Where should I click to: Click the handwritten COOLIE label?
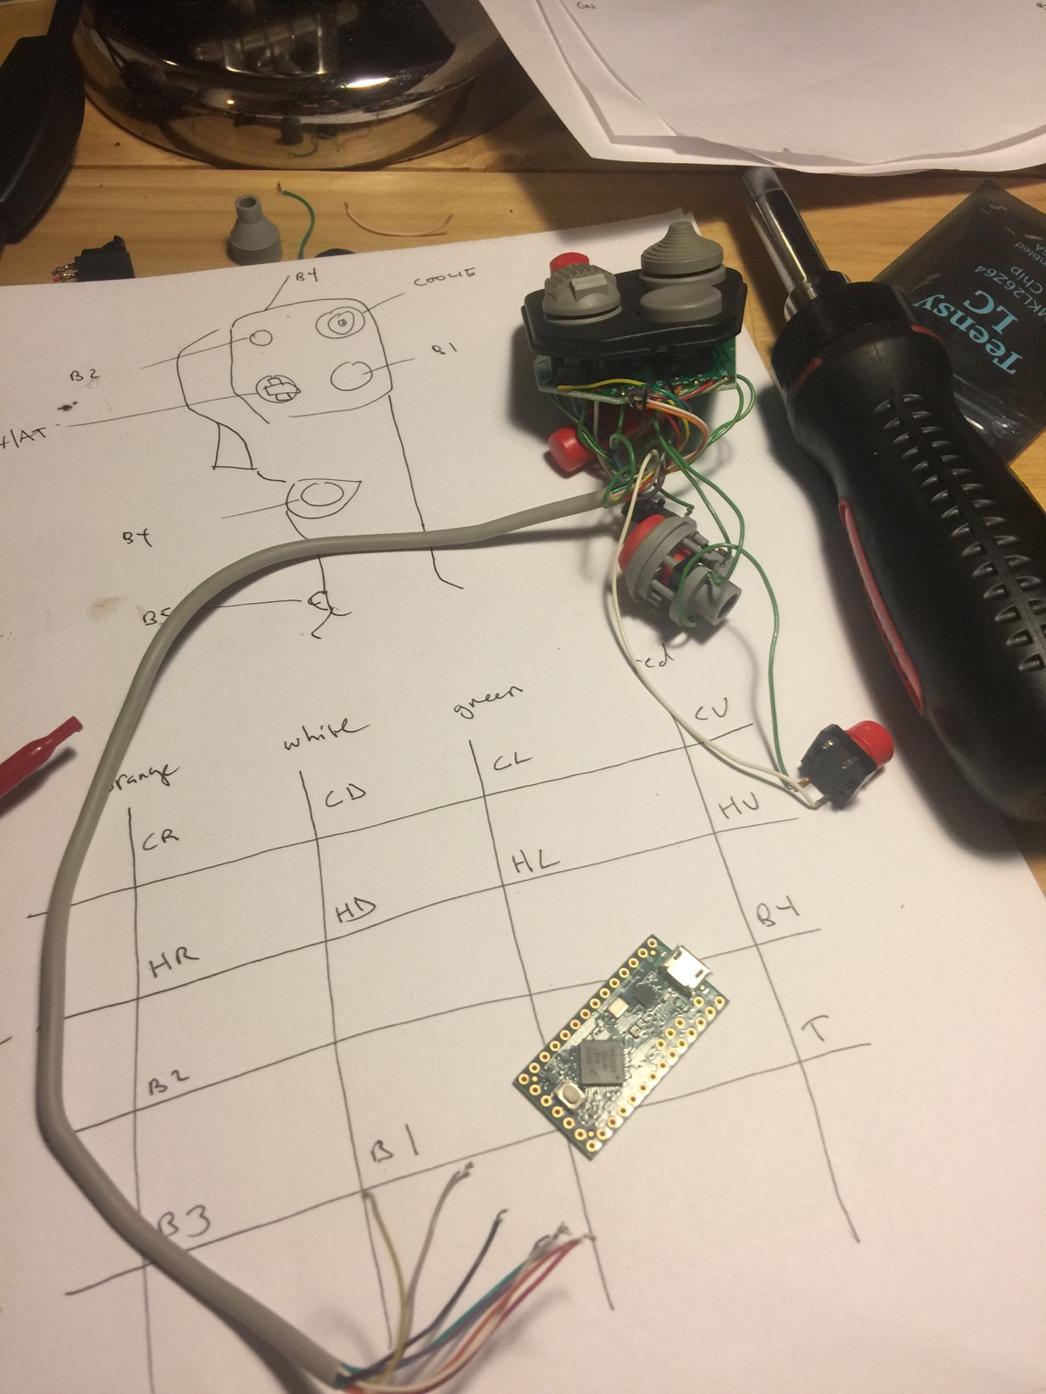point(445,278)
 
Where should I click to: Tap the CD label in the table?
point(346,795)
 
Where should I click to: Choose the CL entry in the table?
point(513,761)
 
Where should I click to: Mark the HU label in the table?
point(739,808)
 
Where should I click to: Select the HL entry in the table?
point(534,863)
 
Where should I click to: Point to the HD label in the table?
point(356,911)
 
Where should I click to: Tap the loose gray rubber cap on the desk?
point(248,229)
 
